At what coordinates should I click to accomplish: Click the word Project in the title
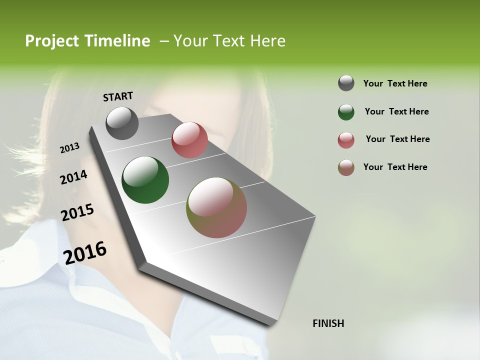click(51, 41)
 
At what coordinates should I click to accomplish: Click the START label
click(118, 96)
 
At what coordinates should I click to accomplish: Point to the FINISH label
click(328, 323)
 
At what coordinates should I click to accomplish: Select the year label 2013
click(70, 147)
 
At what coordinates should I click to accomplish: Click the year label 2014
click(73, 177)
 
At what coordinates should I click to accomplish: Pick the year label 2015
click(77, 212)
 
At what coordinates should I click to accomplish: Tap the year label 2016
click(85, 252)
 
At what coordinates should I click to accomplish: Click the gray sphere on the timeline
click(122, 123)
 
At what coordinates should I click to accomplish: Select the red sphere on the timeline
click(189, 140)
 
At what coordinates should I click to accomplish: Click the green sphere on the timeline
click(145, 180)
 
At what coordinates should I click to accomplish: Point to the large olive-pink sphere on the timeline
click(216, 207)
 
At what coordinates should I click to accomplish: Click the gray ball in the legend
click(346, 83)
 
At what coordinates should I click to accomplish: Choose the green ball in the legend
click(346, 112)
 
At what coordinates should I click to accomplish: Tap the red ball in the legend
click(346, 140)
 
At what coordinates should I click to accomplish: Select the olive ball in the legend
click(346, 167)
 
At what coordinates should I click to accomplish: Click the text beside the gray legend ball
click(395, 83)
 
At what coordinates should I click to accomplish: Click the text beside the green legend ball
click(396, 111)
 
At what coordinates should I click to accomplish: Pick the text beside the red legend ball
click(397, 139)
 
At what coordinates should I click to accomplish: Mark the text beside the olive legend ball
click(395, 167)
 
